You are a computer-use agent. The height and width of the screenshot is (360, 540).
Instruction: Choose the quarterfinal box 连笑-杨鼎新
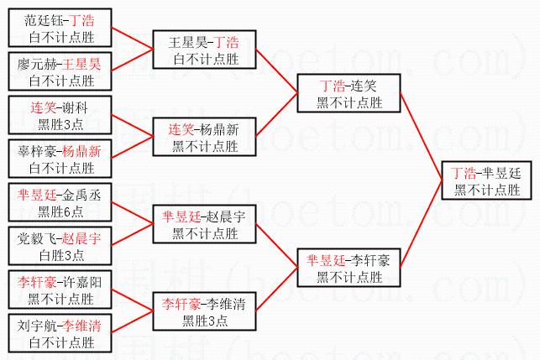click(x=203, y=137)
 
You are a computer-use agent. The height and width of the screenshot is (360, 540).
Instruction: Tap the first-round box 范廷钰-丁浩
click(x=60, y=28)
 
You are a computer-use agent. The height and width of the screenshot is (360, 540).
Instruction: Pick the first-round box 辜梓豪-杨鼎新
click(x=60, y=159)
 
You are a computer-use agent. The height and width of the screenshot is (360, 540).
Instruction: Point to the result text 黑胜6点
click(x=61, y=211)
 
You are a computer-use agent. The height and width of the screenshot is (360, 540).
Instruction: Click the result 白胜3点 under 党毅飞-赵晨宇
click(x=61, y=254)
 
